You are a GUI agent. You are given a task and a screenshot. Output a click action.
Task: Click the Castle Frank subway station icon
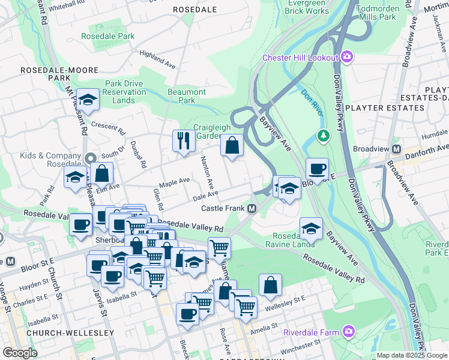point(253,208)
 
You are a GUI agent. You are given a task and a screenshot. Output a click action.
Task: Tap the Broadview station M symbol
point(396,149)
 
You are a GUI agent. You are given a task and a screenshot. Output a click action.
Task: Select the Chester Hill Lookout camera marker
point(347,57)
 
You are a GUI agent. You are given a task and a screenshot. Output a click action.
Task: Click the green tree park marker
point(324,136)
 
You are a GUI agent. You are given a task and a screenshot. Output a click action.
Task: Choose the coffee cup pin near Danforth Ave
point(316,169)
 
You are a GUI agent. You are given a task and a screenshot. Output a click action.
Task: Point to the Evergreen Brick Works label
point(307,7)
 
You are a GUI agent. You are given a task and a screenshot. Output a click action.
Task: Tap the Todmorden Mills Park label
point(376,13)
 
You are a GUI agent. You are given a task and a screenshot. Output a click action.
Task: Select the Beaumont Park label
point(187,96)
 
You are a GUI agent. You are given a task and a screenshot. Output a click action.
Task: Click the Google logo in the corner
point(20,353)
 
